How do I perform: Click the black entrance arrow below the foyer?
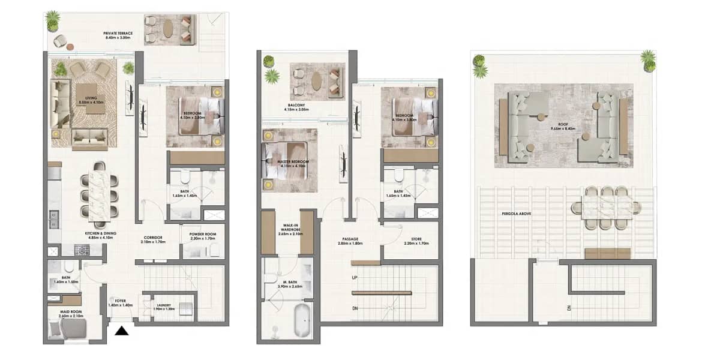[122, 330]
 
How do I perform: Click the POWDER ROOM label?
[202, 235]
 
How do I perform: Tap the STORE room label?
[409, 239]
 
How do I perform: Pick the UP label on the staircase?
[355, 278]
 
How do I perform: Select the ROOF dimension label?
[562, 127]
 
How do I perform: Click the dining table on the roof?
[606, 208]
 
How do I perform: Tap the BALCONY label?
[298, 107]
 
